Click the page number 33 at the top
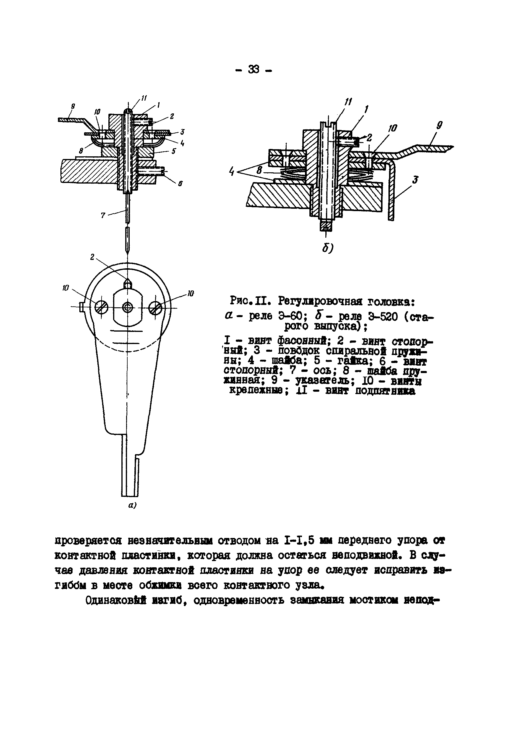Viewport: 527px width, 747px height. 253,69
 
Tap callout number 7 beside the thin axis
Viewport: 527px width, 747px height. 103,215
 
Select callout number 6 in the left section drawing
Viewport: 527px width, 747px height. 180,184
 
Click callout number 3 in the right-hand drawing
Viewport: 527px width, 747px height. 415,180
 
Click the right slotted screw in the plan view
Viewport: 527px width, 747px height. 155,307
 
